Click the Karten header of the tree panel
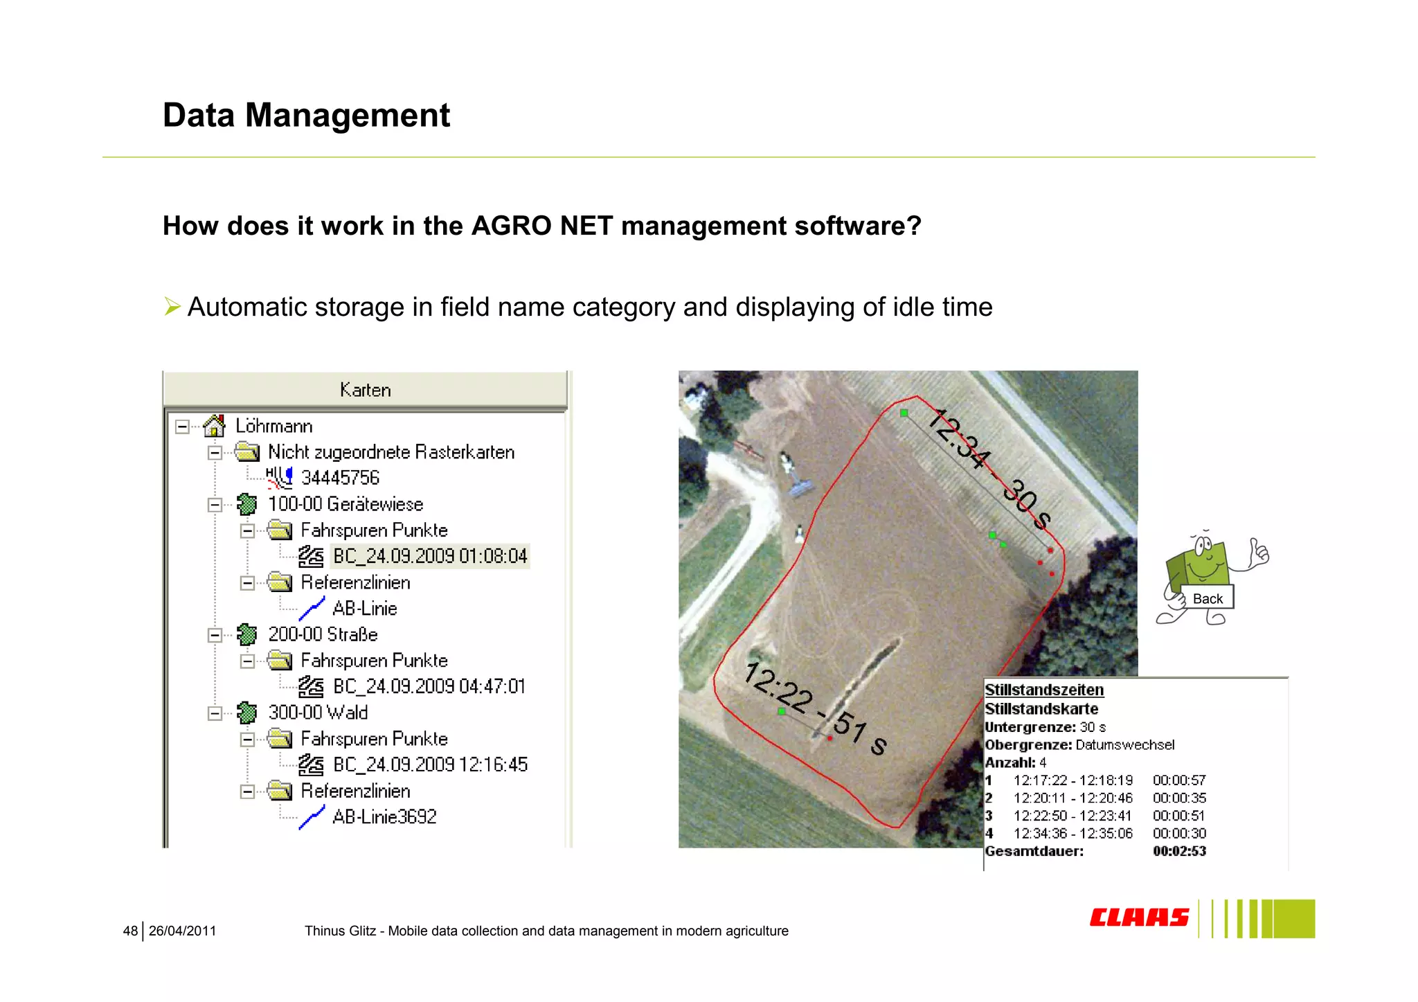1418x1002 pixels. pos(365,390)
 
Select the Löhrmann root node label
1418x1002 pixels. pos(273,426)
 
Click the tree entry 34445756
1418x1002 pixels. pos(340,478)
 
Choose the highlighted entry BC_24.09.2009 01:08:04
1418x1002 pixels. pos(430,556)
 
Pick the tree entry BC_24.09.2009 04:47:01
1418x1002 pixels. pos(429,686)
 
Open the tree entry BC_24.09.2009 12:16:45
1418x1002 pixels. pos(430,764)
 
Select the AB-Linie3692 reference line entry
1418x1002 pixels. pos(384,817)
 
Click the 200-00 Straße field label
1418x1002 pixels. pos(323,634)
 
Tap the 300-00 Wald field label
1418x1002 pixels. pos(318,713)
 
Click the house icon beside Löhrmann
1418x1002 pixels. pos(215,425)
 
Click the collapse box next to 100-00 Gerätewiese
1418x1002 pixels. pos(215,505)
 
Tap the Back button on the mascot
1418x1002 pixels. pos(1208,599)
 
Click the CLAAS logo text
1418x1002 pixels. pos(1139,918)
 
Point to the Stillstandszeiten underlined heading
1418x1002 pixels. pos(1044,690)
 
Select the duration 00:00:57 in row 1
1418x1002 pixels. pos(1179,780)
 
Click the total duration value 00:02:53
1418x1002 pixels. pos(1179,851)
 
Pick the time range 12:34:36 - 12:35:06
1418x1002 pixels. pos(1073,834)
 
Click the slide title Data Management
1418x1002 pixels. pos(306,115)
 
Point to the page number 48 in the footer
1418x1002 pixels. pos(130,931)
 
